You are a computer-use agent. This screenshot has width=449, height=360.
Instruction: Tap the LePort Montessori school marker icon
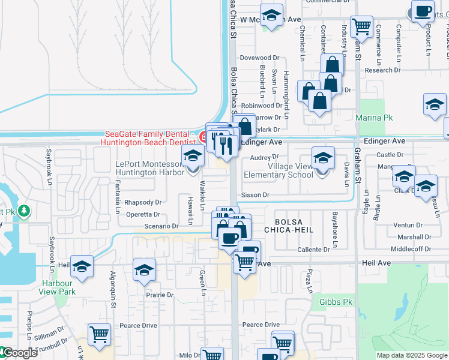click(193, 158)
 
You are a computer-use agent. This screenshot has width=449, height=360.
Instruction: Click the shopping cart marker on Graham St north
click(361, 26)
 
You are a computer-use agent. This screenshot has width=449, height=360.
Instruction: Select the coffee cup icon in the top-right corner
click(423, 12)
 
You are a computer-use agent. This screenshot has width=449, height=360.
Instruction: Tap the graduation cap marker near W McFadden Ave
click(271, 16)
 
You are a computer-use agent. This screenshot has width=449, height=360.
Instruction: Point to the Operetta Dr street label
click(143, 214)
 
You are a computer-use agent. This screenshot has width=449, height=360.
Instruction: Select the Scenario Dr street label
click(163, 226)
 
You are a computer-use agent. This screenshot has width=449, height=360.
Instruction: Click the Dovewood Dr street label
click(260, 58)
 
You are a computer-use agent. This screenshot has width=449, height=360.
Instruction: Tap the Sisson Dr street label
click(255, 195)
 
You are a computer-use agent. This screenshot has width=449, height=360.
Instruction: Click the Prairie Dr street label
click(160, 295)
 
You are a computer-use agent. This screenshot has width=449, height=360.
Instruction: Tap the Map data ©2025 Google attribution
click(412, 355)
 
